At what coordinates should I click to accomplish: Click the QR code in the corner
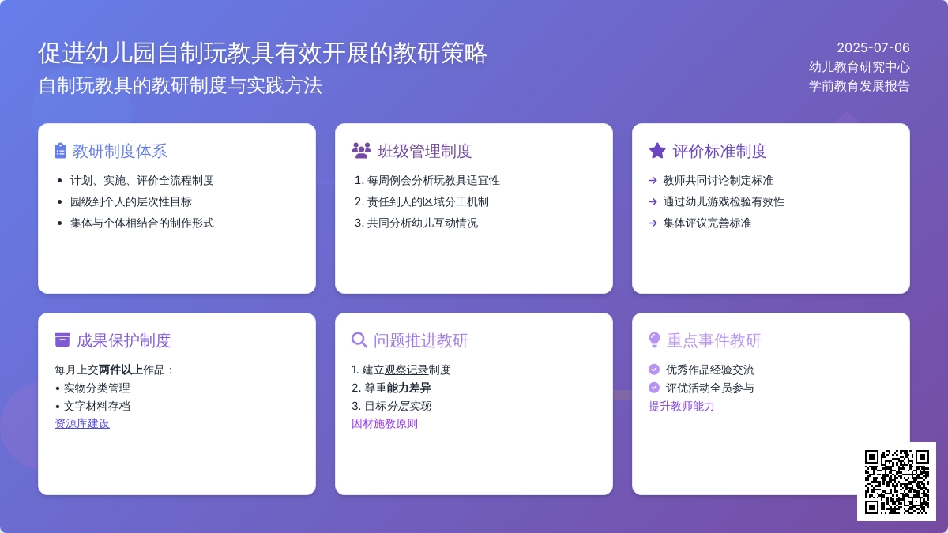897,482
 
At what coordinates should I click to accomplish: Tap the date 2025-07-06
873,48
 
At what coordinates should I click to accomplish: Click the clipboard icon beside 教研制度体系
61,151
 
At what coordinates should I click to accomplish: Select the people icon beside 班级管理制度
361,151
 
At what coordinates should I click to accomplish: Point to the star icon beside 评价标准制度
657,151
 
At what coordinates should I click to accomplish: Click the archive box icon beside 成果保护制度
62,340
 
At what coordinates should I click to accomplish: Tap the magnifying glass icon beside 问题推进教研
359,340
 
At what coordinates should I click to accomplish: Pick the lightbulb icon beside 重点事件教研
654,340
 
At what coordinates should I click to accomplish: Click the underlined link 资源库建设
82,423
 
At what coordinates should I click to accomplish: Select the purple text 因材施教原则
385,423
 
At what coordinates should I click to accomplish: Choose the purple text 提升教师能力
681,406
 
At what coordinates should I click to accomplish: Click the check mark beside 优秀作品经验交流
654,370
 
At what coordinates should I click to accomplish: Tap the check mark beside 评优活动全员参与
654,388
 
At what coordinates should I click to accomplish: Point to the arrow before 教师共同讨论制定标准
653,181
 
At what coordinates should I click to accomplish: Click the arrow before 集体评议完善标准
653,223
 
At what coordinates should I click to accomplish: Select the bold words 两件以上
121,370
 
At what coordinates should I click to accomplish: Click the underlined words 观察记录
406,370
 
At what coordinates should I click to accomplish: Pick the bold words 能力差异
409,388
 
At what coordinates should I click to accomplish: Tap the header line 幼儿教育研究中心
860,67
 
